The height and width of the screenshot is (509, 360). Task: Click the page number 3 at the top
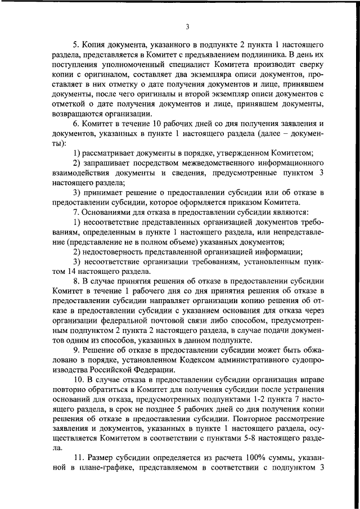[x=187, y=26]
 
